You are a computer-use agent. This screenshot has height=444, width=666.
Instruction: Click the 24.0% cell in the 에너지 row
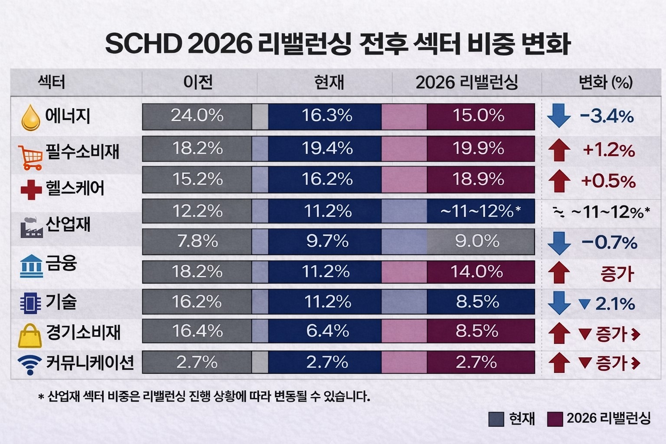click(197, 116)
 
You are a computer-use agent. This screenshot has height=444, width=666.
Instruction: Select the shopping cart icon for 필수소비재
click(30, 157)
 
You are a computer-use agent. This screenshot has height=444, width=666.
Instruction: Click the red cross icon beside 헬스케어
click(31, 189)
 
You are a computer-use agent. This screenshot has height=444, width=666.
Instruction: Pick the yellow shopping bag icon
click(30, 336)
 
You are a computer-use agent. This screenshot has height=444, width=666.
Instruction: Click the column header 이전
click(198, 82)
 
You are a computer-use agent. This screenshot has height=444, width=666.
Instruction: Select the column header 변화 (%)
click(605, 82)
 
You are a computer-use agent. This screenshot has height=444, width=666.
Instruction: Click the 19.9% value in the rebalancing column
click(478, 149)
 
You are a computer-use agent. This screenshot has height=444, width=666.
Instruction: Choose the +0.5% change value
click(608, 181)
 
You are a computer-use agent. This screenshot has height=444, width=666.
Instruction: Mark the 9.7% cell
click(327, 241)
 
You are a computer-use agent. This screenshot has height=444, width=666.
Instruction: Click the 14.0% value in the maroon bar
click(477, 272)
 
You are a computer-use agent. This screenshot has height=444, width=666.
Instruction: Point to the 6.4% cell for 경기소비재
click(327, 331)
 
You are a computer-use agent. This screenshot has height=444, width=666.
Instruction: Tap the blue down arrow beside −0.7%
click(559, 243)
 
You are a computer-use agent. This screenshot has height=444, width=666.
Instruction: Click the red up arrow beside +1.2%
click(559, 150)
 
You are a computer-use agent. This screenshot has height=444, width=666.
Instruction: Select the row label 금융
click(61, 263)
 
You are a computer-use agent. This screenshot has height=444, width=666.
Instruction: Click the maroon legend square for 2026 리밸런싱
click(555, 419)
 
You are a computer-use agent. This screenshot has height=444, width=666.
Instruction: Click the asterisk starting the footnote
click(41, 397)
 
